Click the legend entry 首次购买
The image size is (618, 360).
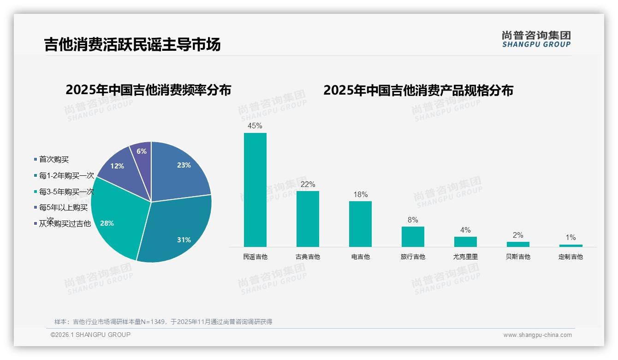coord(53,160)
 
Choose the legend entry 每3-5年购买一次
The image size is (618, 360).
coord(66,192)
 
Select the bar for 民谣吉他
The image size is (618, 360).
coord(255,190)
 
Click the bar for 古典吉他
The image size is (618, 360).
coord(308,219)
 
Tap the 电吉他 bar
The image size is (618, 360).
coord(360,224)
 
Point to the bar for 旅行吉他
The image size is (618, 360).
coord(413,236)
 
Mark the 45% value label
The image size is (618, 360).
coord(255,126)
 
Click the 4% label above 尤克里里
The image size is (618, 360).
coord(465,230)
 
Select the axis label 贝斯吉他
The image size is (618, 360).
coord(518,257)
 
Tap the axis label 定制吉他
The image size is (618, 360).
coord(570,257)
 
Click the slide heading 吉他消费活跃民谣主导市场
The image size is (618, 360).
coord(132,44)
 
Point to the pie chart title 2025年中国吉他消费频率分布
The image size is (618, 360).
coord(148,90)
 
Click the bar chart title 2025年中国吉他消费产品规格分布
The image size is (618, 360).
coord(418,90)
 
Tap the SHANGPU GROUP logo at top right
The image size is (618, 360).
coord(536,39)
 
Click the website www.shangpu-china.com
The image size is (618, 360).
coord(537,335)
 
